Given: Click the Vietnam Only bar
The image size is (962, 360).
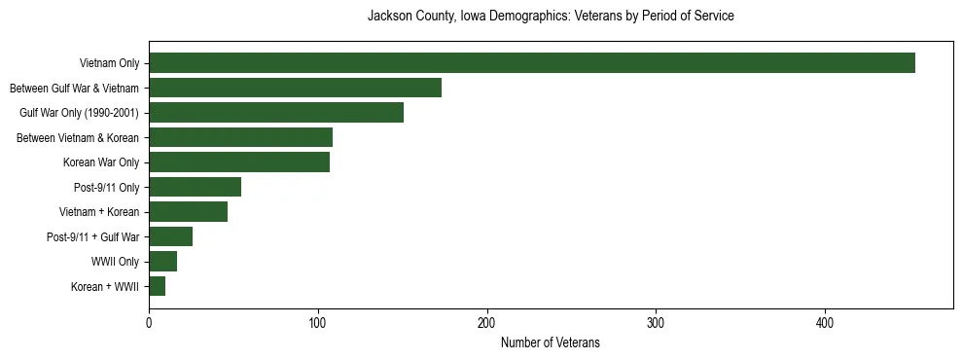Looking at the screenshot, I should point(532,63).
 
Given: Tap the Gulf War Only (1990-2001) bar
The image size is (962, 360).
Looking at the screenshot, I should point(276,113).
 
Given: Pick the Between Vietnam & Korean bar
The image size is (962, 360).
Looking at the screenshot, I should point(240,137).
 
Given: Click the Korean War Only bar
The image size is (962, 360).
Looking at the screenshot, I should point(239,162).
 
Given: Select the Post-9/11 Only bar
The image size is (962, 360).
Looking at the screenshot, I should point(195,187).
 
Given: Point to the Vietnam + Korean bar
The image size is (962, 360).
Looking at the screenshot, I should point(188,212).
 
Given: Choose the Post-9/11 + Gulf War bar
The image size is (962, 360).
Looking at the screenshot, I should point(170,236).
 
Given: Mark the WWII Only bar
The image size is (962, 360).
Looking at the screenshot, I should point(162,262).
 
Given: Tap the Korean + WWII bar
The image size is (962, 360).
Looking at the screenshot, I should point(157,286).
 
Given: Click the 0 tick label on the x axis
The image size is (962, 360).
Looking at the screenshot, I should point(149,323).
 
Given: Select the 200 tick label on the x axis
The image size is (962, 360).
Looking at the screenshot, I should point(486,323).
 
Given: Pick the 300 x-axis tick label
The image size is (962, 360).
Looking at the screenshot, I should point(656,323).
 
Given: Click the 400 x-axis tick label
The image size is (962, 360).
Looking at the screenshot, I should point(825,323).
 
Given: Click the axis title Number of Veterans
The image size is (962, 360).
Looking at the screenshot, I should point(550,342).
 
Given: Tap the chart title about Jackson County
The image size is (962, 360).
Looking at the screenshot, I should point(550,17).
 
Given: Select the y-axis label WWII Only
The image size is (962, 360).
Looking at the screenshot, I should point(115,262).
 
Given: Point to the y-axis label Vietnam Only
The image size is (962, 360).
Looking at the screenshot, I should point(109,63).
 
